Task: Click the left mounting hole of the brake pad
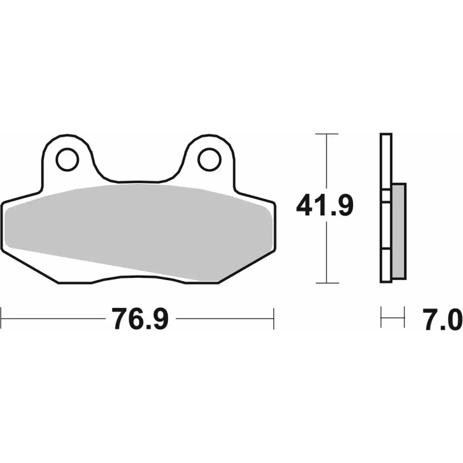(x=68, y=159)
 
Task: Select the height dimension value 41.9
(x=325, y=207)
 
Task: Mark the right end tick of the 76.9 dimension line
(x=273, y=318)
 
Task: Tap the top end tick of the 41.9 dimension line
(x=328, y=134)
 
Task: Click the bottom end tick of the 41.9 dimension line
(x=328, y=283)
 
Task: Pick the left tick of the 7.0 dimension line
(x=381, y=318)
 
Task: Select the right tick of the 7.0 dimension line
(x=403, y=318)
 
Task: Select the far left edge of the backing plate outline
(x=2, y=226)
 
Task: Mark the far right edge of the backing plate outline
(x=275, y=226)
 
